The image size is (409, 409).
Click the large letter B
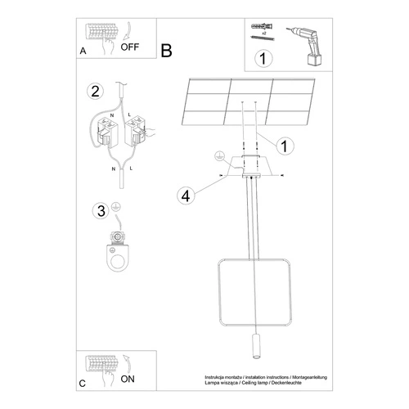point(167,51)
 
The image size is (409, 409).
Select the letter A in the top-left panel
point(83,51)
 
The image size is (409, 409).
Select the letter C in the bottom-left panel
point(83,383)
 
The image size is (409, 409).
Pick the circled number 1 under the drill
point(263,58)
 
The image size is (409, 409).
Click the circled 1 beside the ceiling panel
point(283,146)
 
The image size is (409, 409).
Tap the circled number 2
point(96,90)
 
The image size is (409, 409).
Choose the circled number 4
point(185,195)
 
